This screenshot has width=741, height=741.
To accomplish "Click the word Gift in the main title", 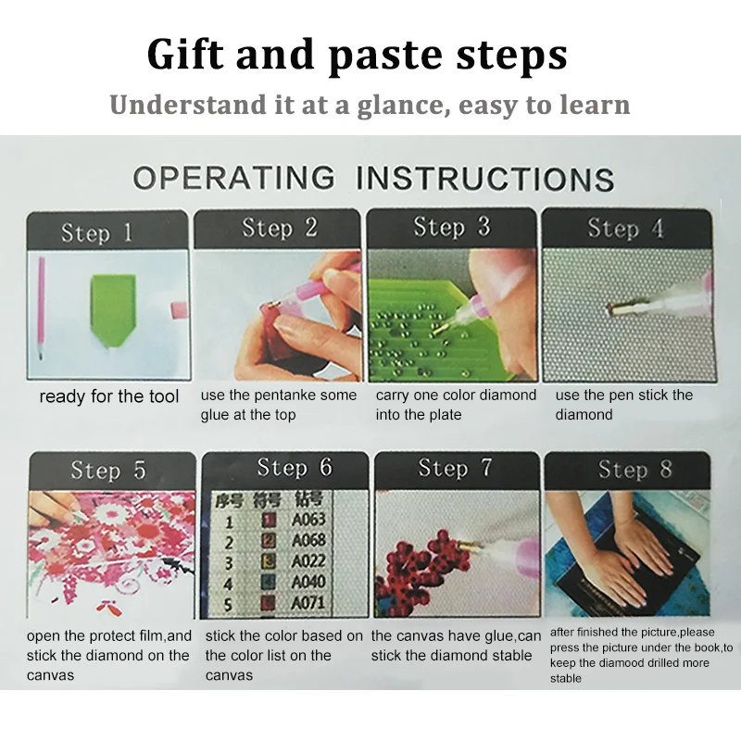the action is [184, 55].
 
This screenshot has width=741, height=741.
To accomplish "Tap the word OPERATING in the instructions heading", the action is [234, 178].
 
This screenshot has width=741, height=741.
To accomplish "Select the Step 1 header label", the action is [96, 232].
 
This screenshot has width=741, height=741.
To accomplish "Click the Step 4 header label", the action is [625, 229].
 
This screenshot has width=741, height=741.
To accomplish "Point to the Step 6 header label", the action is [295, 468].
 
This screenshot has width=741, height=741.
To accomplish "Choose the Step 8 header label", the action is [634, 470].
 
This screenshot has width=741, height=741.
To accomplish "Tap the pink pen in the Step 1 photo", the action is [42, 308].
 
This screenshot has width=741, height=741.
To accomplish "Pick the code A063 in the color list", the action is [308, 520].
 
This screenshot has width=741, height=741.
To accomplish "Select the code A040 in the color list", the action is [308, 583].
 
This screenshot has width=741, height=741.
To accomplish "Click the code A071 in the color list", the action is [308, 604].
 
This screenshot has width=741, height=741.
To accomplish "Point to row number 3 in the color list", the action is [229, 563].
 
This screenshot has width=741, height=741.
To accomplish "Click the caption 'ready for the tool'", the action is [109, 396].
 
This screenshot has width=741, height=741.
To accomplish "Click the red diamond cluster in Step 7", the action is [419, 568].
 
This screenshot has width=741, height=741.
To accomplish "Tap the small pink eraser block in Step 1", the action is [180, 310].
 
